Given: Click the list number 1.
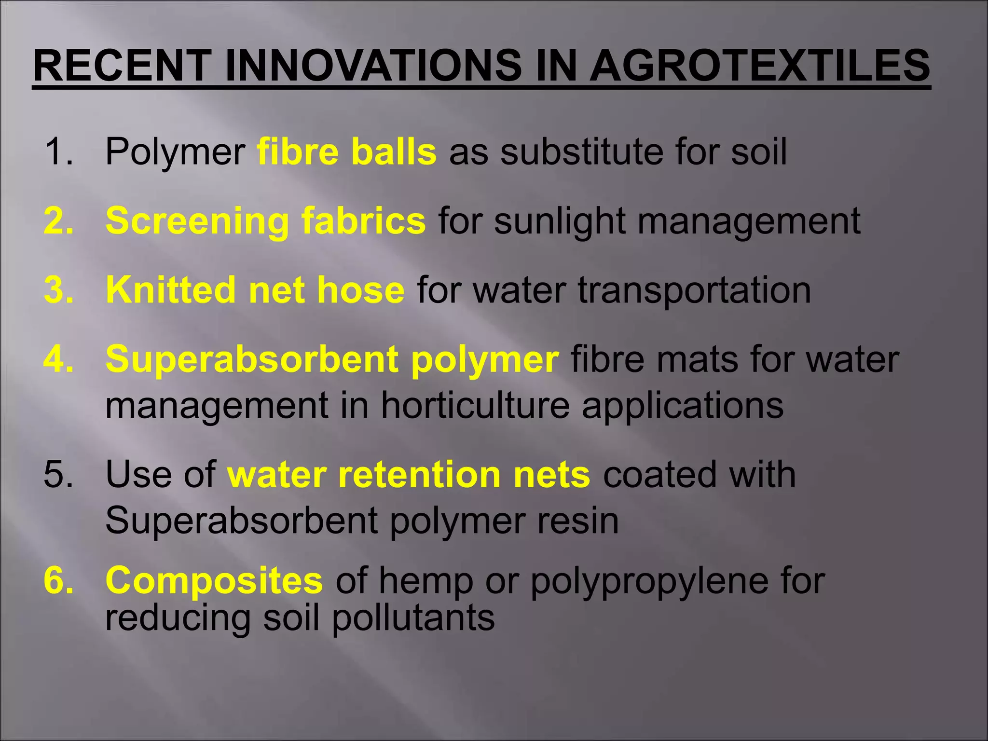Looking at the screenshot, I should (58, 151).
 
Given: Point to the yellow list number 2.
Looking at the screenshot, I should (58, 221).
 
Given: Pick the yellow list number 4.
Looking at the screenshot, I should (58, 359).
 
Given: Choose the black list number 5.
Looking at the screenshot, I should (58, 474).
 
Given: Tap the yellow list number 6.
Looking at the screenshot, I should (58, 580).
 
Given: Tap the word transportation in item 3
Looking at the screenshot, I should (694, 291).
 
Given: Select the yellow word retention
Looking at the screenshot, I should (419, 474).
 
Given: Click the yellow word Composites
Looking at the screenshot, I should (214, 580).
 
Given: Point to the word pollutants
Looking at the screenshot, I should (413, 618).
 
